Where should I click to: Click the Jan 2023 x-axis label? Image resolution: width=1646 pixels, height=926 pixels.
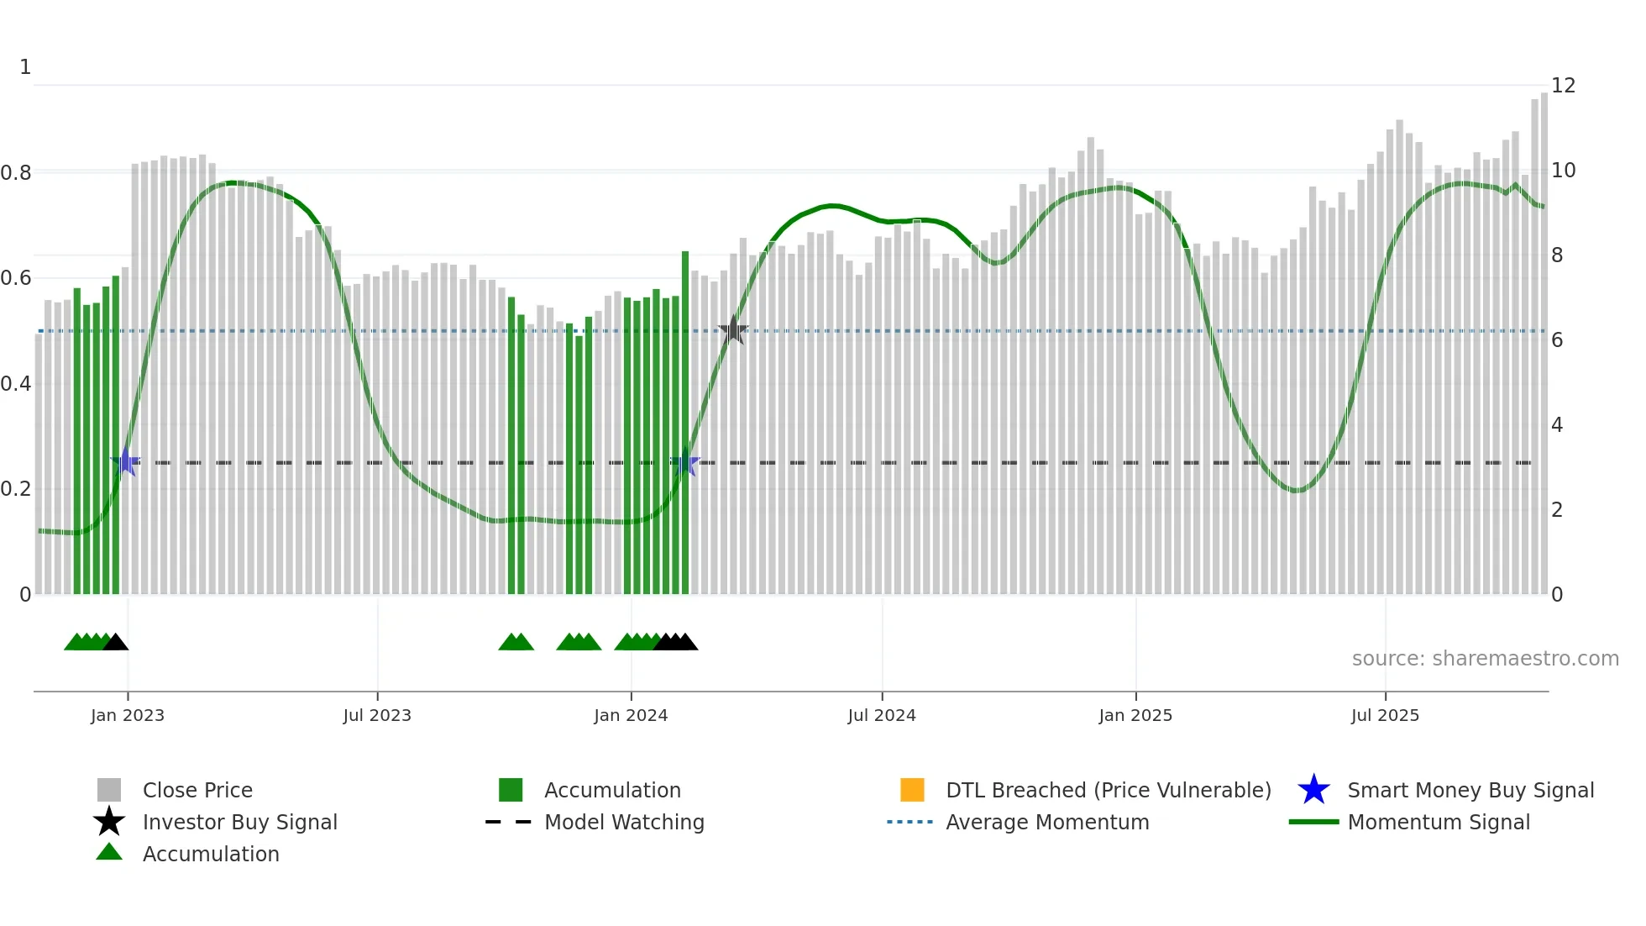[x=128, y=715]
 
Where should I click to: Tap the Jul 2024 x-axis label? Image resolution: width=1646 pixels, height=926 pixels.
[x=882, y=715]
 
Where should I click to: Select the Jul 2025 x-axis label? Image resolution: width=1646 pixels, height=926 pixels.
[x=1385, y=715]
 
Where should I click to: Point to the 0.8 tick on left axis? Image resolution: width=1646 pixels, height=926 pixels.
[x=16, y=173]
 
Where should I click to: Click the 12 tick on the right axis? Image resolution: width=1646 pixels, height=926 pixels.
[x=1563, y=86]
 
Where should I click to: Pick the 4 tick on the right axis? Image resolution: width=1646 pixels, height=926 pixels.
[x=1557, y=425]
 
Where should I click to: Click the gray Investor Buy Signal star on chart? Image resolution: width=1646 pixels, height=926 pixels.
[x=733, y=330]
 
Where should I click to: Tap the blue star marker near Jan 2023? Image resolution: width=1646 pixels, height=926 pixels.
[x=126, y=462]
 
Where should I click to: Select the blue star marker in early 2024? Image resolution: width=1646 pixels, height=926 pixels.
[x=685, y=462]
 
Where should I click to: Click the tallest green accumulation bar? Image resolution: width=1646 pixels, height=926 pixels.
[x=685, y=420]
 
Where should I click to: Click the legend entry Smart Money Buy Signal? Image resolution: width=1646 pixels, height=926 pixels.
[x=1470, y=790]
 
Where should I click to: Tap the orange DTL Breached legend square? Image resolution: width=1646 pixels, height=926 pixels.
[x=912, y=790]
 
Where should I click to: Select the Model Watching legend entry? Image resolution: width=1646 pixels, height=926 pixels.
[x=623, y=822]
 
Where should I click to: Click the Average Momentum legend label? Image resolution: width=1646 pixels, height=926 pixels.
[x=1047, y=822]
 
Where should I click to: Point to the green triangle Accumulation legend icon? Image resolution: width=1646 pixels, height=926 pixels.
[x=109, y=852]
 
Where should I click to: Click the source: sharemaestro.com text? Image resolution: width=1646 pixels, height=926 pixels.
[x=1485, y=658]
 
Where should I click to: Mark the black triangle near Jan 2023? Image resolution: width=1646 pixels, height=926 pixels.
[x=116, y=643]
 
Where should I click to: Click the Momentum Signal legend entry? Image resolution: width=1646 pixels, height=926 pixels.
[x=1438, y=822]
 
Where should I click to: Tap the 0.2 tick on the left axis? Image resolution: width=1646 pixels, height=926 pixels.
[x=16, y=489]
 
